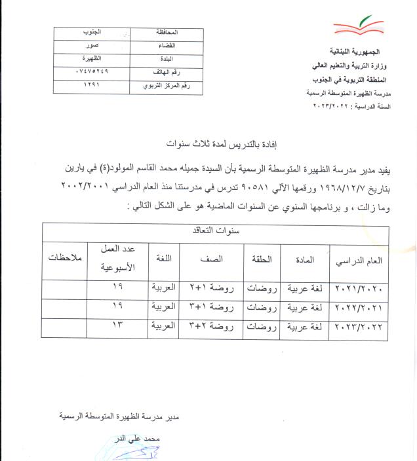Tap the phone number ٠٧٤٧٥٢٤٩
[81, 72]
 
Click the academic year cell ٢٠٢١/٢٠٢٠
[358, 289]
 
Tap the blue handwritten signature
[131, 451]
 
